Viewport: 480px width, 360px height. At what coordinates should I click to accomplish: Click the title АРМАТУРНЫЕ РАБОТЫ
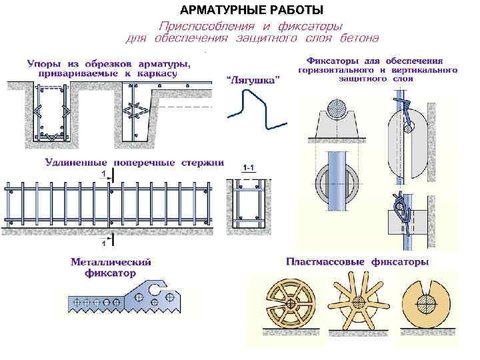click(252, 10)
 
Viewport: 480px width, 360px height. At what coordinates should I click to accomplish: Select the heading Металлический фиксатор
click(111, 267)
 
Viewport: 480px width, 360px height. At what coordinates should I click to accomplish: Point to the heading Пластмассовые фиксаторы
click(357, 262)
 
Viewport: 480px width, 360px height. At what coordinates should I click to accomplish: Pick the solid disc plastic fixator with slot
click(427, 304)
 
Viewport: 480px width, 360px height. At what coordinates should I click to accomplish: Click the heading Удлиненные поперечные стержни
click(134, 162)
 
